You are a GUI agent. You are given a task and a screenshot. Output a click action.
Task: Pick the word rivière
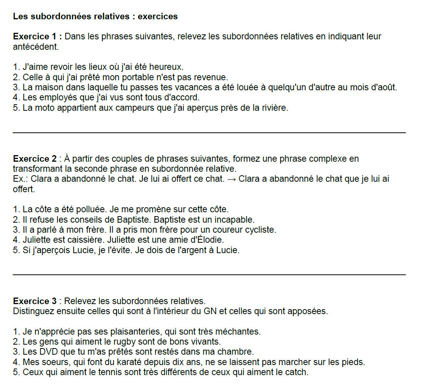coord(273,108)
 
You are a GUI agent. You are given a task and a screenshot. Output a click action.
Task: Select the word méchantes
coord(238,331)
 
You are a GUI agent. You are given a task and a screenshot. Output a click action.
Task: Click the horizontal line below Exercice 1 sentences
coord(209,133)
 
